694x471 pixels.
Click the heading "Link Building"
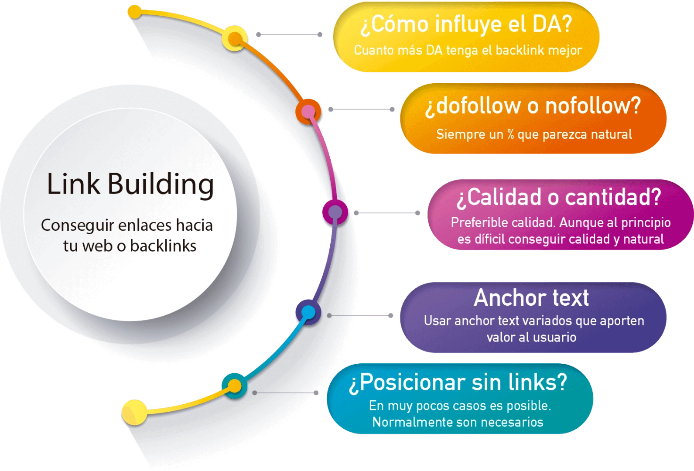click(130, 184)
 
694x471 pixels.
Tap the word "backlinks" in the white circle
click(163, 246)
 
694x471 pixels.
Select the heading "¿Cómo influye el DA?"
click(466, 24)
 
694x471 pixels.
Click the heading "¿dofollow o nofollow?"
click(533, 106)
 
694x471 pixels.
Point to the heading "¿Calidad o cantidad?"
click(559, 197)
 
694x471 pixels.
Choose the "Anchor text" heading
click(531, 298)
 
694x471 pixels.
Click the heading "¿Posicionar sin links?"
click(458, 382)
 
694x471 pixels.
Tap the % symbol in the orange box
click(510, 134)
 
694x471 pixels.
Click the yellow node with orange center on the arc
click(236, 38)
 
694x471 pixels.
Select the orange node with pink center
click(308, 112)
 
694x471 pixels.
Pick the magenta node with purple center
click(335, 212)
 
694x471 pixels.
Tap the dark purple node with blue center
click(308, 312)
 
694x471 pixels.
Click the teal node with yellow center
click(235, 386)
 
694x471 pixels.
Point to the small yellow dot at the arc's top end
click(135, 12)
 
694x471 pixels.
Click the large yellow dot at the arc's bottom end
click(134, 412)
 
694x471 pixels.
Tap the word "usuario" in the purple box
click(554, 337)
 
